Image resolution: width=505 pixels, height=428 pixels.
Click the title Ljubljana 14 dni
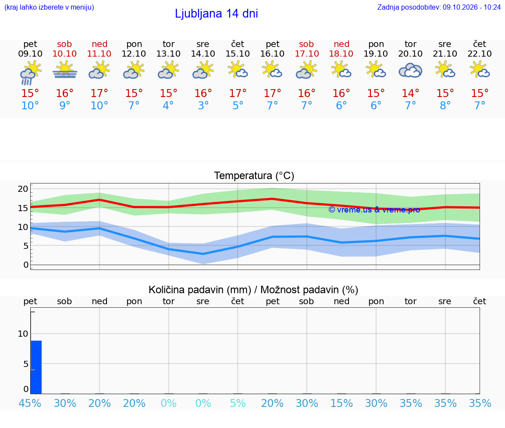pos(217,14)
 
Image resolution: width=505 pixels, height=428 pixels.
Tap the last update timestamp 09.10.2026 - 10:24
pos(472,7)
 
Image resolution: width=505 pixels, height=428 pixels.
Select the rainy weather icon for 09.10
pos(30,73)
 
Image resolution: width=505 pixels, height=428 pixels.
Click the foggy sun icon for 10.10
pos(65,70)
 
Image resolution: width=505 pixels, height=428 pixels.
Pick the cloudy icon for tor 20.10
pos(410,71)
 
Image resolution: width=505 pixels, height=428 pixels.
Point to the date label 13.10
pos(168,54)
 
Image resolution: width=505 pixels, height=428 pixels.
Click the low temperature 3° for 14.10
pos(203,105)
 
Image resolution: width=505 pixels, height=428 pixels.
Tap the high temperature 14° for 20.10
pos(410,93)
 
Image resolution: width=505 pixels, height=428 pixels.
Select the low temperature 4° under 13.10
pos(168,105)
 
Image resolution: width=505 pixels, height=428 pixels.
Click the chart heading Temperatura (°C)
pos(254,176)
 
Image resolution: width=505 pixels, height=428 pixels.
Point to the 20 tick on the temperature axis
pos(23,189)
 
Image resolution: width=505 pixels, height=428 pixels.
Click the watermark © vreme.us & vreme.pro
pos(374,210)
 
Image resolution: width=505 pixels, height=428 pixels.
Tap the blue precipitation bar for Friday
pos(36,367)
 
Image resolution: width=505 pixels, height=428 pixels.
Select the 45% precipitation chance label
pos(30,403)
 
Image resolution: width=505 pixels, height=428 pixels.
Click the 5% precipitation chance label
pos(238,403)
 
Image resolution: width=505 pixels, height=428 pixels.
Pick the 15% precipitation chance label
pos(342,403)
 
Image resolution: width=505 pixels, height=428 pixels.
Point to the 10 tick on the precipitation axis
pos(23,334)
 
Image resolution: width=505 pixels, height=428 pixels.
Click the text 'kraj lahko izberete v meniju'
pos(49,7)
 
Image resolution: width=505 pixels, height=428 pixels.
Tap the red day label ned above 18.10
pos(342,44)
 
